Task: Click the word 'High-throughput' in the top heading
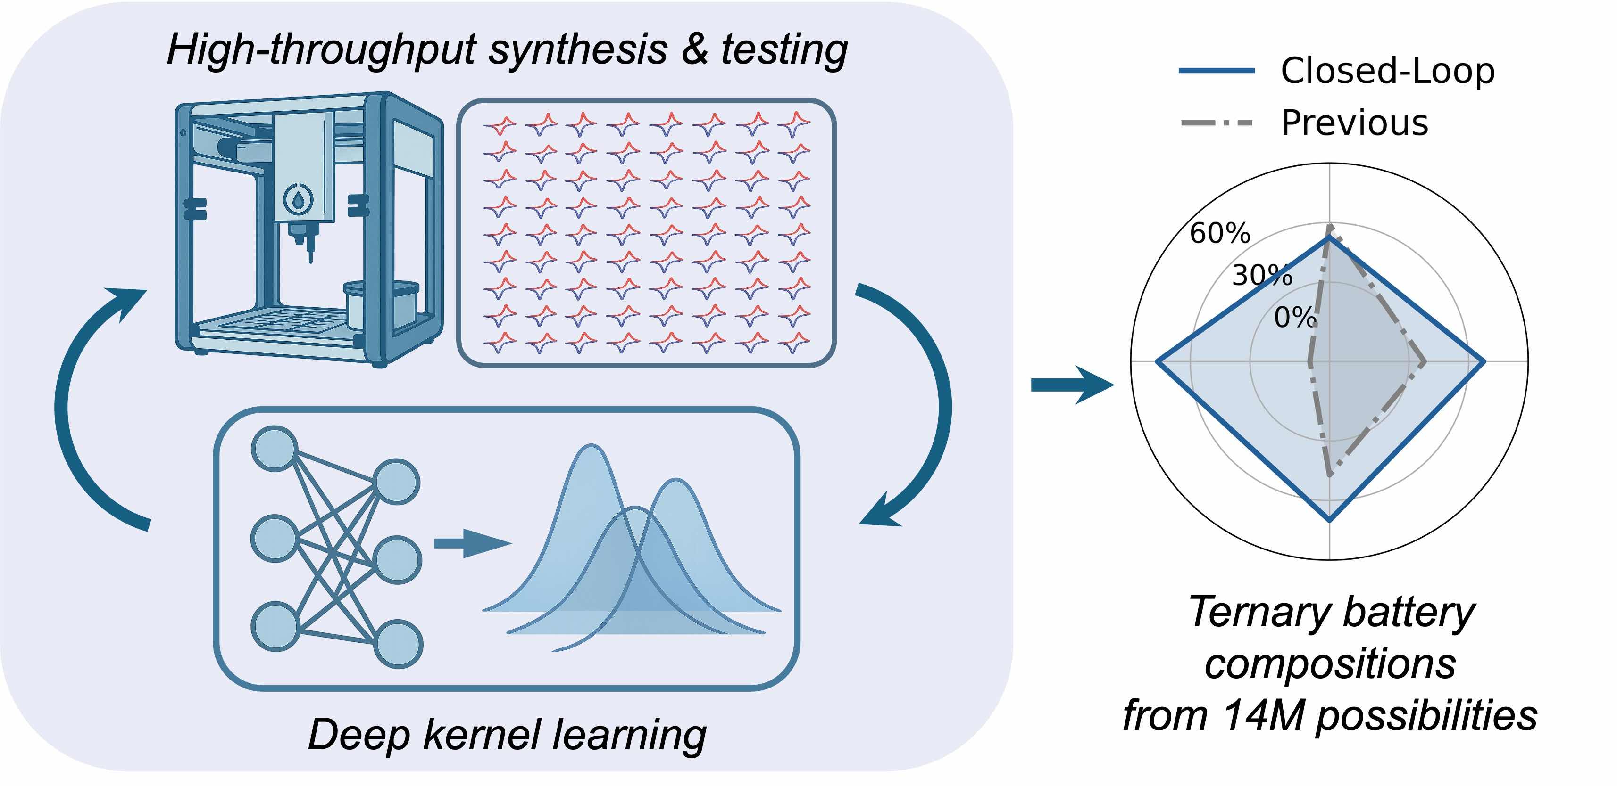click(321, 50)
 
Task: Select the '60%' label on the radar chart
click(1220, 233)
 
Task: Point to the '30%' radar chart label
click(1262, 275)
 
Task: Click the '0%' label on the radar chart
click(1294, 318)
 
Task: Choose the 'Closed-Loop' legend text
click(1387, 70)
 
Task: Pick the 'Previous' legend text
click(1355, 123)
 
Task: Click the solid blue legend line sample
click(1216, 71)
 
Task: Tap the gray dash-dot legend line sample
click(1216, 123)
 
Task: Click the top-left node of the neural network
click(275, 448)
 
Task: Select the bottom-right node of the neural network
click(398, 644)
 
